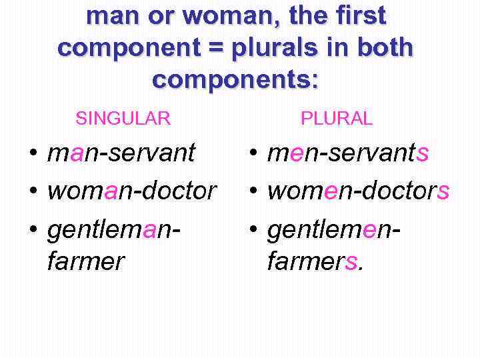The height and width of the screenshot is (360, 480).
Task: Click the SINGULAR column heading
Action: [x=123, y=119]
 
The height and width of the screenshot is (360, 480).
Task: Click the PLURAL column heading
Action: [x=337, y=119]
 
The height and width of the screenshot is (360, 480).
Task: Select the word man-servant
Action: [x=121, y=153]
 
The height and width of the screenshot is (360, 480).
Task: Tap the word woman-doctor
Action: [x=132, y=191]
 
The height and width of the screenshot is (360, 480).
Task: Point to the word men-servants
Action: [x=347, y=153]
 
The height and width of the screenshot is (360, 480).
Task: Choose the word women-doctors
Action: [x=358, y=191]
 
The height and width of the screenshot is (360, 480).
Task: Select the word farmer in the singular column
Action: [x=85, y=261]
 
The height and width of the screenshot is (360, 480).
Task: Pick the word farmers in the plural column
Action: [x=312, y=261]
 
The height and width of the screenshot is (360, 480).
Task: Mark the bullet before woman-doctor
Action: [x=33, y=192]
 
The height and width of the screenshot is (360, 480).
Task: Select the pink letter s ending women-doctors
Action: [x=443, y=192]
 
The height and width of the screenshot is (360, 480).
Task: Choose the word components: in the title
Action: [x=236, y=79]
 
